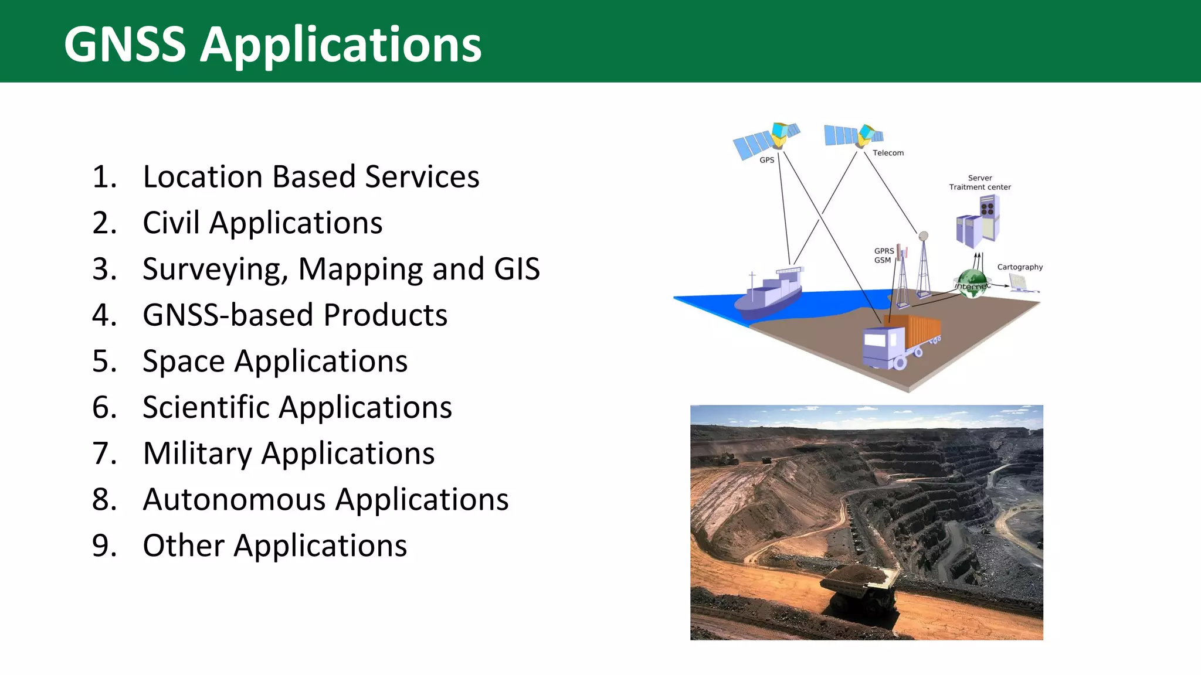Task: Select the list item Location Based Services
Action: click(x=311, y=176)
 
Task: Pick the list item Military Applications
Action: click(x=289, y=454)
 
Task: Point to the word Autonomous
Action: click(x=234, y=499)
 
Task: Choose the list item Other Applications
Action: click(x=274, y=546)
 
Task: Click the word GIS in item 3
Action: click(x=517, y=269)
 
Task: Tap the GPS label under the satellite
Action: click(x=766, y=160)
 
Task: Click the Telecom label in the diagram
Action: click(x=888, y=153)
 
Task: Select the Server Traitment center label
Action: click(x=980, y=182)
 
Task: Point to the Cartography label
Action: click(x=1020, y=267)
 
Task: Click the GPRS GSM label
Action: click(x=883, y=255)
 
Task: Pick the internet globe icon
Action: click(x=971, y=283)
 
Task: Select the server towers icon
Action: click(x=978, y=222)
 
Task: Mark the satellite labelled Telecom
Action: click(x=853, y=135)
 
